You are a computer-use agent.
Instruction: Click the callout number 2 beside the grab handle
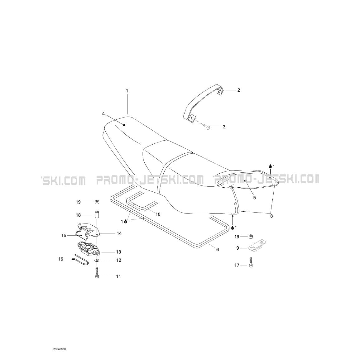click(x=238, y=90)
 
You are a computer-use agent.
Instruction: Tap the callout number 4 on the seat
click(x=103, y=114)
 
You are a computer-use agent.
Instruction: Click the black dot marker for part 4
click(x=124, y=125)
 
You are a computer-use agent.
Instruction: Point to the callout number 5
click(x=254, y=197)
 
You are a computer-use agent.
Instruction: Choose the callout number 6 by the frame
click(x=218, y=249)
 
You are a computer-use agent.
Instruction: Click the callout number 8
click(x=271, y=216)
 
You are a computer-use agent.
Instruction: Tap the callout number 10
click(x=158, y=214)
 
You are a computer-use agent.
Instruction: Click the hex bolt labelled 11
click(x=97, y=273)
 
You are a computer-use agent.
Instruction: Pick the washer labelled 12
click(x=97, y=260)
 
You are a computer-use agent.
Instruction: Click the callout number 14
click(x=119, y=233)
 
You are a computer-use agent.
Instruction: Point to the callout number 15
click(x=64, y=236)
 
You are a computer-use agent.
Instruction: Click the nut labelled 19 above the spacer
click(x=97, y=202)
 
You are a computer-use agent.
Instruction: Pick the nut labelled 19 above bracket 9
click(x=251, y=237)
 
